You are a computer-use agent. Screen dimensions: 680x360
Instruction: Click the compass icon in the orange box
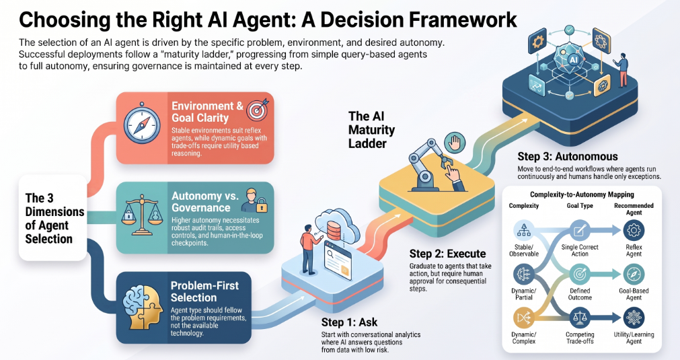(x=142, y=125)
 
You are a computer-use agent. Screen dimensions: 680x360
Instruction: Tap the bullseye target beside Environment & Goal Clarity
(x=257, y=109)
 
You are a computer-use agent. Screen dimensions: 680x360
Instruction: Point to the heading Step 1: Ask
(x=349, y=322)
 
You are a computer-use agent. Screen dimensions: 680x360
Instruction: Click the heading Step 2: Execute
(x=447, y=254)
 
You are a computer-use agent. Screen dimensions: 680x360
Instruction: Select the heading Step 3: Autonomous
(x=568, y=157)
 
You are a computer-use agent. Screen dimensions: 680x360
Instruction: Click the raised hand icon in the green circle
(x=455, y=143)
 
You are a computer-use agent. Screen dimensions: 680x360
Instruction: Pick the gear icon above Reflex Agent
(x=634, y=230)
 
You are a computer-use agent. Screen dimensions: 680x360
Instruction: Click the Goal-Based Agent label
(x=634, y=294)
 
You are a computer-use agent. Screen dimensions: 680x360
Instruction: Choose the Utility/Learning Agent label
(x=634, y=338)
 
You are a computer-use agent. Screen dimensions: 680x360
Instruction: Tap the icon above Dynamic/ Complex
(x=524, y=318)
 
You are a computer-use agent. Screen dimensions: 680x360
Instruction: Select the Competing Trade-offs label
(x=580, y=338)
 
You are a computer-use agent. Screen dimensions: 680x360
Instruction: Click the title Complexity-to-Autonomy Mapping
(x=582, y=194)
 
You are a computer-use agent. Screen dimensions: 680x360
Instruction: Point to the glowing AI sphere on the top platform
(x=573, y=60)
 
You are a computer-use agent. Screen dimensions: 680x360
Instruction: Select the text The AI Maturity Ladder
(x=372, y=130)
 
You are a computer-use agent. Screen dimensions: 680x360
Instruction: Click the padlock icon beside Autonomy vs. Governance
(x=262, y=207)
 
